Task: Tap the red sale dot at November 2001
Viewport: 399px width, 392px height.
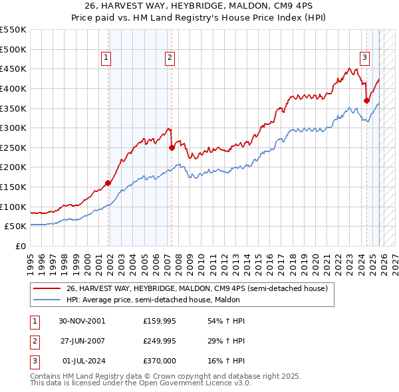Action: point(108,183)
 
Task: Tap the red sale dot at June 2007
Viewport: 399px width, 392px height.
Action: point(172,147)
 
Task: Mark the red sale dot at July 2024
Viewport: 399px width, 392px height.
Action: point(366,100)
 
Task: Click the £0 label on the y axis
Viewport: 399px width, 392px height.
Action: point(20,246)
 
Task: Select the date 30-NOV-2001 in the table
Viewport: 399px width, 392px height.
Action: point(82,321)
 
